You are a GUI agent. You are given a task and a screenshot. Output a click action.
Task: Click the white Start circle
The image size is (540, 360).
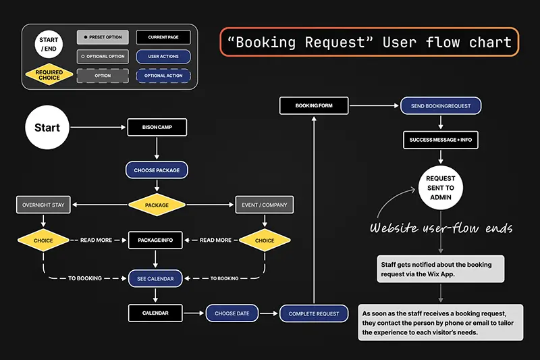[47, 127]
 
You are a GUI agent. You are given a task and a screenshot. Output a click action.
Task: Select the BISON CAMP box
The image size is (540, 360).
[156, 127]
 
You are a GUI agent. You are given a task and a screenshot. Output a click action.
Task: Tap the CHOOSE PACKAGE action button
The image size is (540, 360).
[156, 170]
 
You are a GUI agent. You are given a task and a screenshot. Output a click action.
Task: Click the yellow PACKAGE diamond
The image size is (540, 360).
[156, 205]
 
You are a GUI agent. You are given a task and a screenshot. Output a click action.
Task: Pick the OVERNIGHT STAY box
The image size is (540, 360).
[43, 205]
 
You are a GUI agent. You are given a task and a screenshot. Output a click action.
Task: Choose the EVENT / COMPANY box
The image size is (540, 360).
[265, 205]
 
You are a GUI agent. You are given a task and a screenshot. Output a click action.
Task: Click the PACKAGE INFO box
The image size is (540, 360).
[156, 240]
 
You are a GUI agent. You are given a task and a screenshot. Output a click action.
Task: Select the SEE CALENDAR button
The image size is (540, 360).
[156, 278]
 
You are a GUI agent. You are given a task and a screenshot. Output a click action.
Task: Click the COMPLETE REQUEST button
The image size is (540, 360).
[314, 313]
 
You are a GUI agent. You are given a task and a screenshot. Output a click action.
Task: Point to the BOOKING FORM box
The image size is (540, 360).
[314, 105]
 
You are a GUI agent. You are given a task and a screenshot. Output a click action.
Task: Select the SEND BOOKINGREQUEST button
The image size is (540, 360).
[441, 106]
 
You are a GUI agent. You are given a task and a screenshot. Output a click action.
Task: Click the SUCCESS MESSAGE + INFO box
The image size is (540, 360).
[441, 140]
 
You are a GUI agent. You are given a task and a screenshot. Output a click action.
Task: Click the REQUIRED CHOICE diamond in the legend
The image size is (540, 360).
[49, 75]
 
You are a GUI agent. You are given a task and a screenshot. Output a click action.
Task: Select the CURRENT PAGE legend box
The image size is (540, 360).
[163, 37]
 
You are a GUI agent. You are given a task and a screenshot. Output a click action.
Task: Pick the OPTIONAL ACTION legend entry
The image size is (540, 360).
[163, 76]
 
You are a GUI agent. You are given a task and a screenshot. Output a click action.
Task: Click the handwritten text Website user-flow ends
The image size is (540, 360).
[441, 228]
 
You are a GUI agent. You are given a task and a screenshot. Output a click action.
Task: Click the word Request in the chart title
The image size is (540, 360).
[330, 42]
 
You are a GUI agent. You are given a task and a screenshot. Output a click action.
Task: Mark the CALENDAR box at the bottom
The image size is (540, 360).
[156, 313]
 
